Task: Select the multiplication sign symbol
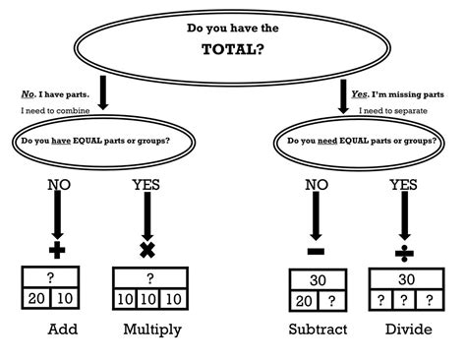tap(148, 248)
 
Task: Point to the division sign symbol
tap(403, 253)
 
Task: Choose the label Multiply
tap(151, 330)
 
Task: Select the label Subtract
tap(318, 330)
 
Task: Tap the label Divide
tap(408, 330)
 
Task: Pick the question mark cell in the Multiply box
tap(149, 279)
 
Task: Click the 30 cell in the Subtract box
tap(317, 280)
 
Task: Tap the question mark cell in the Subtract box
tap(333, 302)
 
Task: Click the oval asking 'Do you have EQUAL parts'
tap(93, 141)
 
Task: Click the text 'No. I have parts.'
tap(55, 94)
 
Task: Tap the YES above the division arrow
tap(403, 183)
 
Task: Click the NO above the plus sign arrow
tap(58, 183)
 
